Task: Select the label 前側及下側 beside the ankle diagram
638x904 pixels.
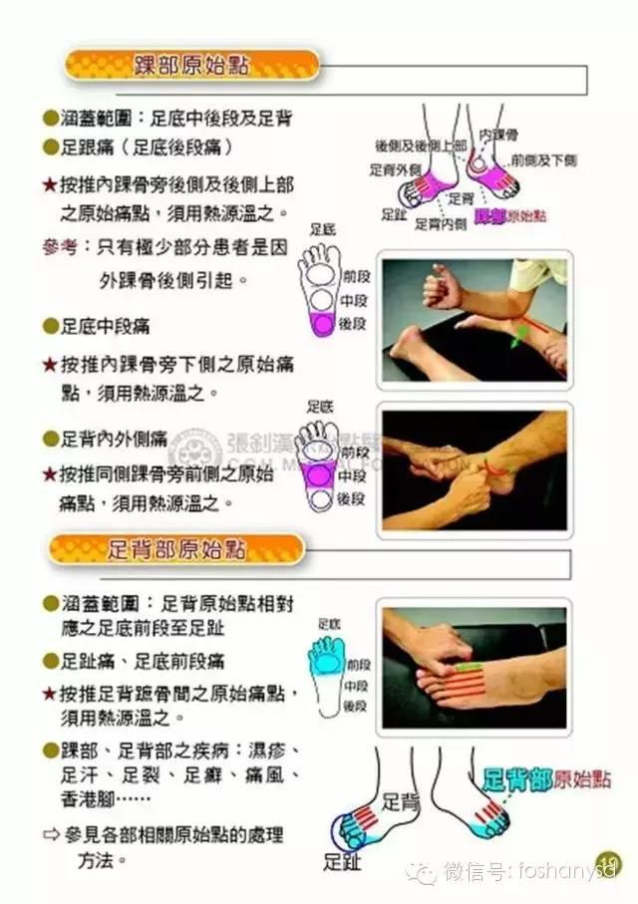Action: (x=542, y=159)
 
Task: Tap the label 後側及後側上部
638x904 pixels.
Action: (x=420, y=146)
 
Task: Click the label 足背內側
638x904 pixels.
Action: (x=441, y=224)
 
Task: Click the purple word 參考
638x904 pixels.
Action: (x=61, y=245)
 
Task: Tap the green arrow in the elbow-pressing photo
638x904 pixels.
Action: (x=515, y=338)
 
